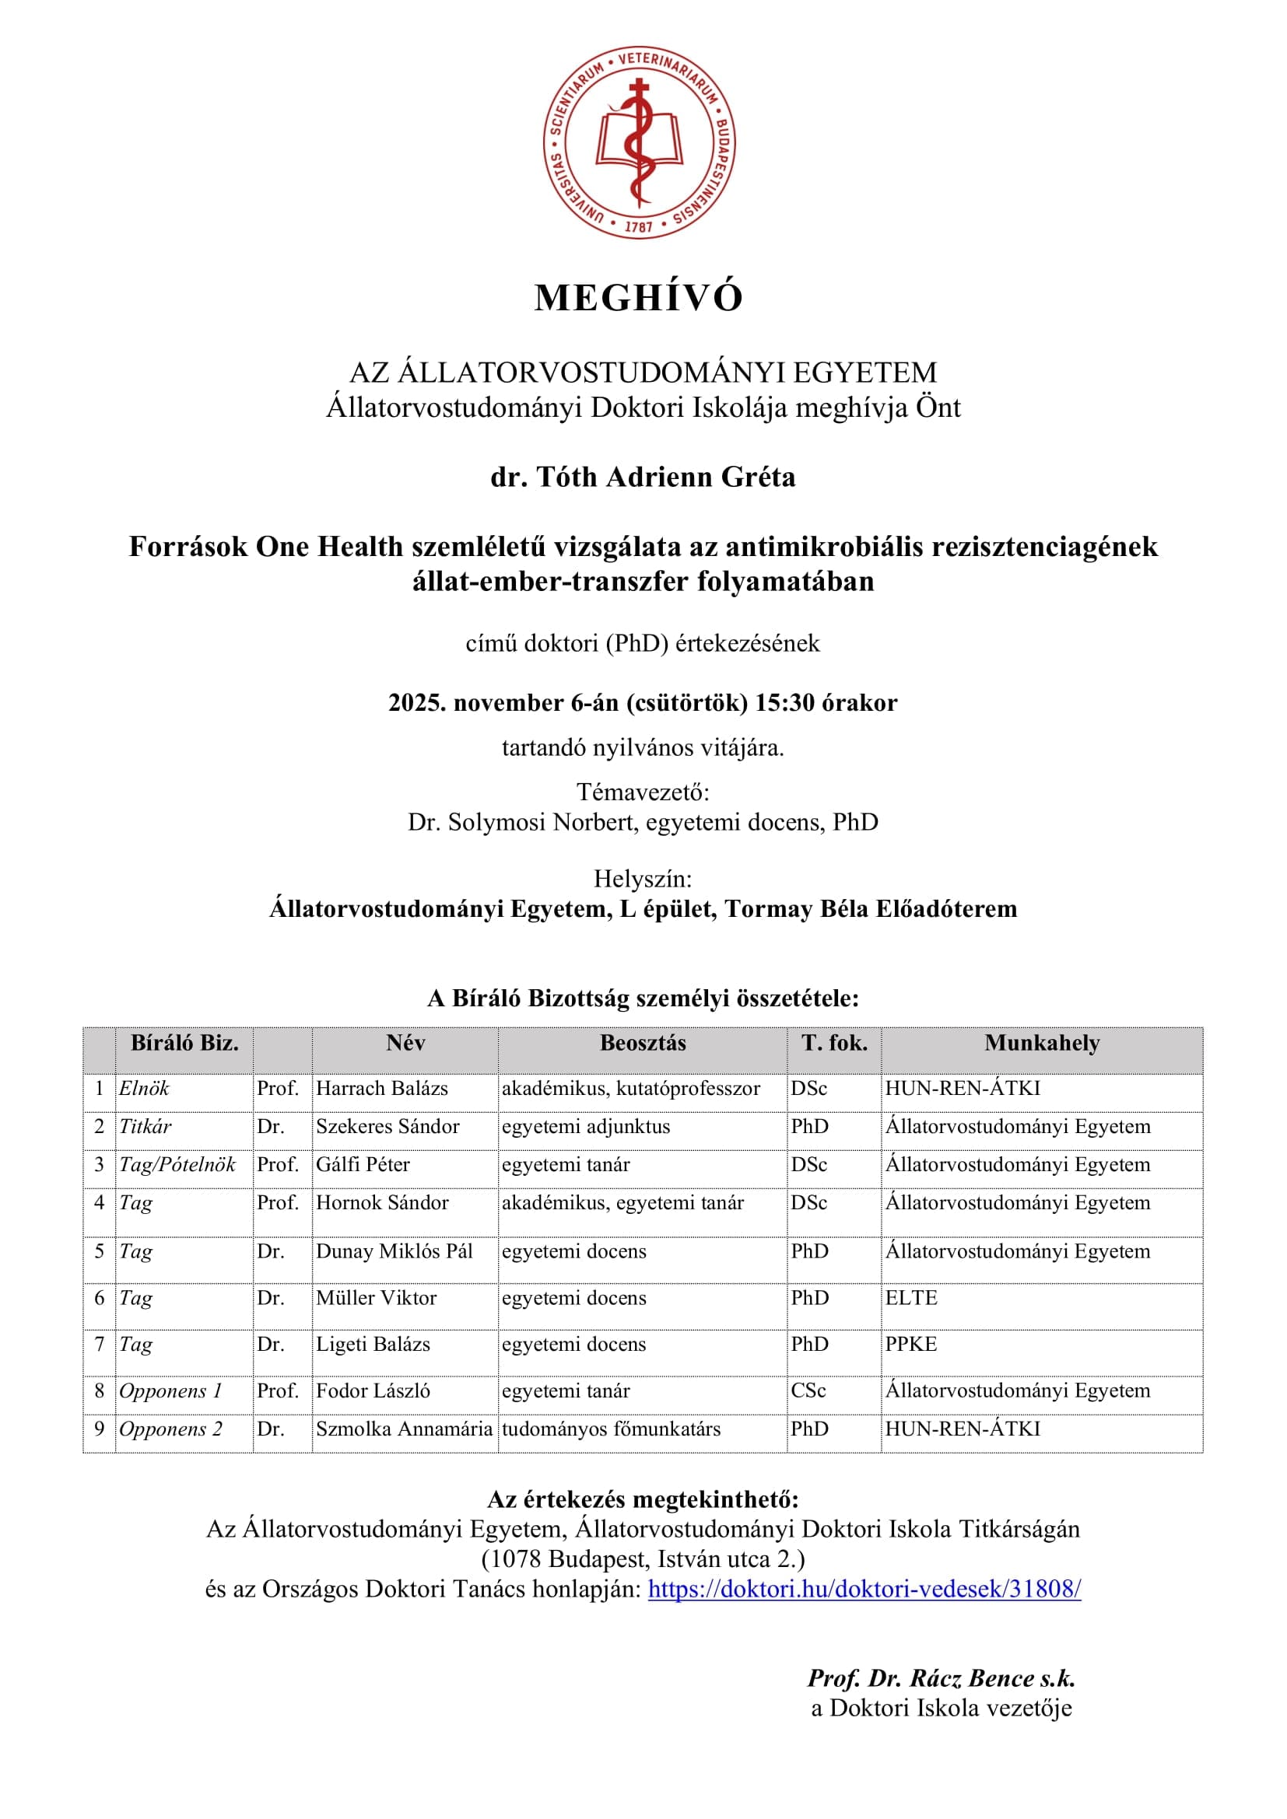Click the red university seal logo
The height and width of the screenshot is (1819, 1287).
[x=639, y=142]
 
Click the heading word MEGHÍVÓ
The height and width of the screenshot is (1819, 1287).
[x=639, y=299]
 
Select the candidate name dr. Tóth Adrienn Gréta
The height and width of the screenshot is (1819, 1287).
[x=643, y=477]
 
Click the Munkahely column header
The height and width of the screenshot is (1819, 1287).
[x=1041, y=1044]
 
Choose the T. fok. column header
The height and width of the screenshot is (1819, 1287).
[x=833, y=1044]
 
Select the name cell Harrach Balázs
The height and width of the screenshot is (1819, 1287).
[x=382, y=1089]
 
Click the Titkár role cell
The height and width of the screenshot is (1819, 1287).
[x=145, y=1127]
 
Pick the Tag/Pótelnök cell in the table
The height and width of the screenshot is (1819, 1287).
[x=177, y=1165]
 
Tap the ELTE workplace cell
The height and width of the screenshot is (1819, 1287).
[x=911, y=1298]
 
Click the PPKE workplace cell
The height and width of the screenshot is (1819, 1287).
[x=911, y=1344]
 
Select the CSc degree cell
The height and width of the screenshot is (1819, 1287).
[x=808, y=1390]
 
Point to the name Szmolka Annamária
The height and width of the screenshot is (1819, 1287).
[x=404, y=1429]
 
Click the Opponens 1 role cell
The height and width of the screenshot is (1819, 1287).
[x=170, y=1390]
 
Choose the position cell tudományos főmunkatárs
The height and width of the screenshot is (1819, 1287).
[x=611, y=1429]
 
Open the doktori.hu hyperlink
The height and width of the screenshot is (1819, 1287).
[x=864, y=1589]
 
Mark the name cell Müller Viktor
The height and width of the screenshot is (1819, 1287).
[x=377, y=1298]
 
